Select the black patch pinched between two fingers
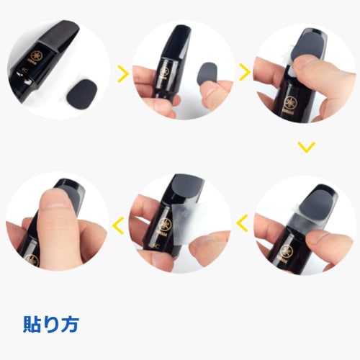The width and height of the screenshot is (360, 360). coord(209,76)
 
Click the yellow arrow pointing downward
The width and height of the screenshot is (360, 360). coord(307,146)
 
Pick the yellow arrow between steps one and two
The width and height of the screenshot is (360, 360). coord(123,72)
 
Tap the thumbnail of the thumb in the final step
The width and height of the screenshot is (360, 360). coord(59,200)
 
